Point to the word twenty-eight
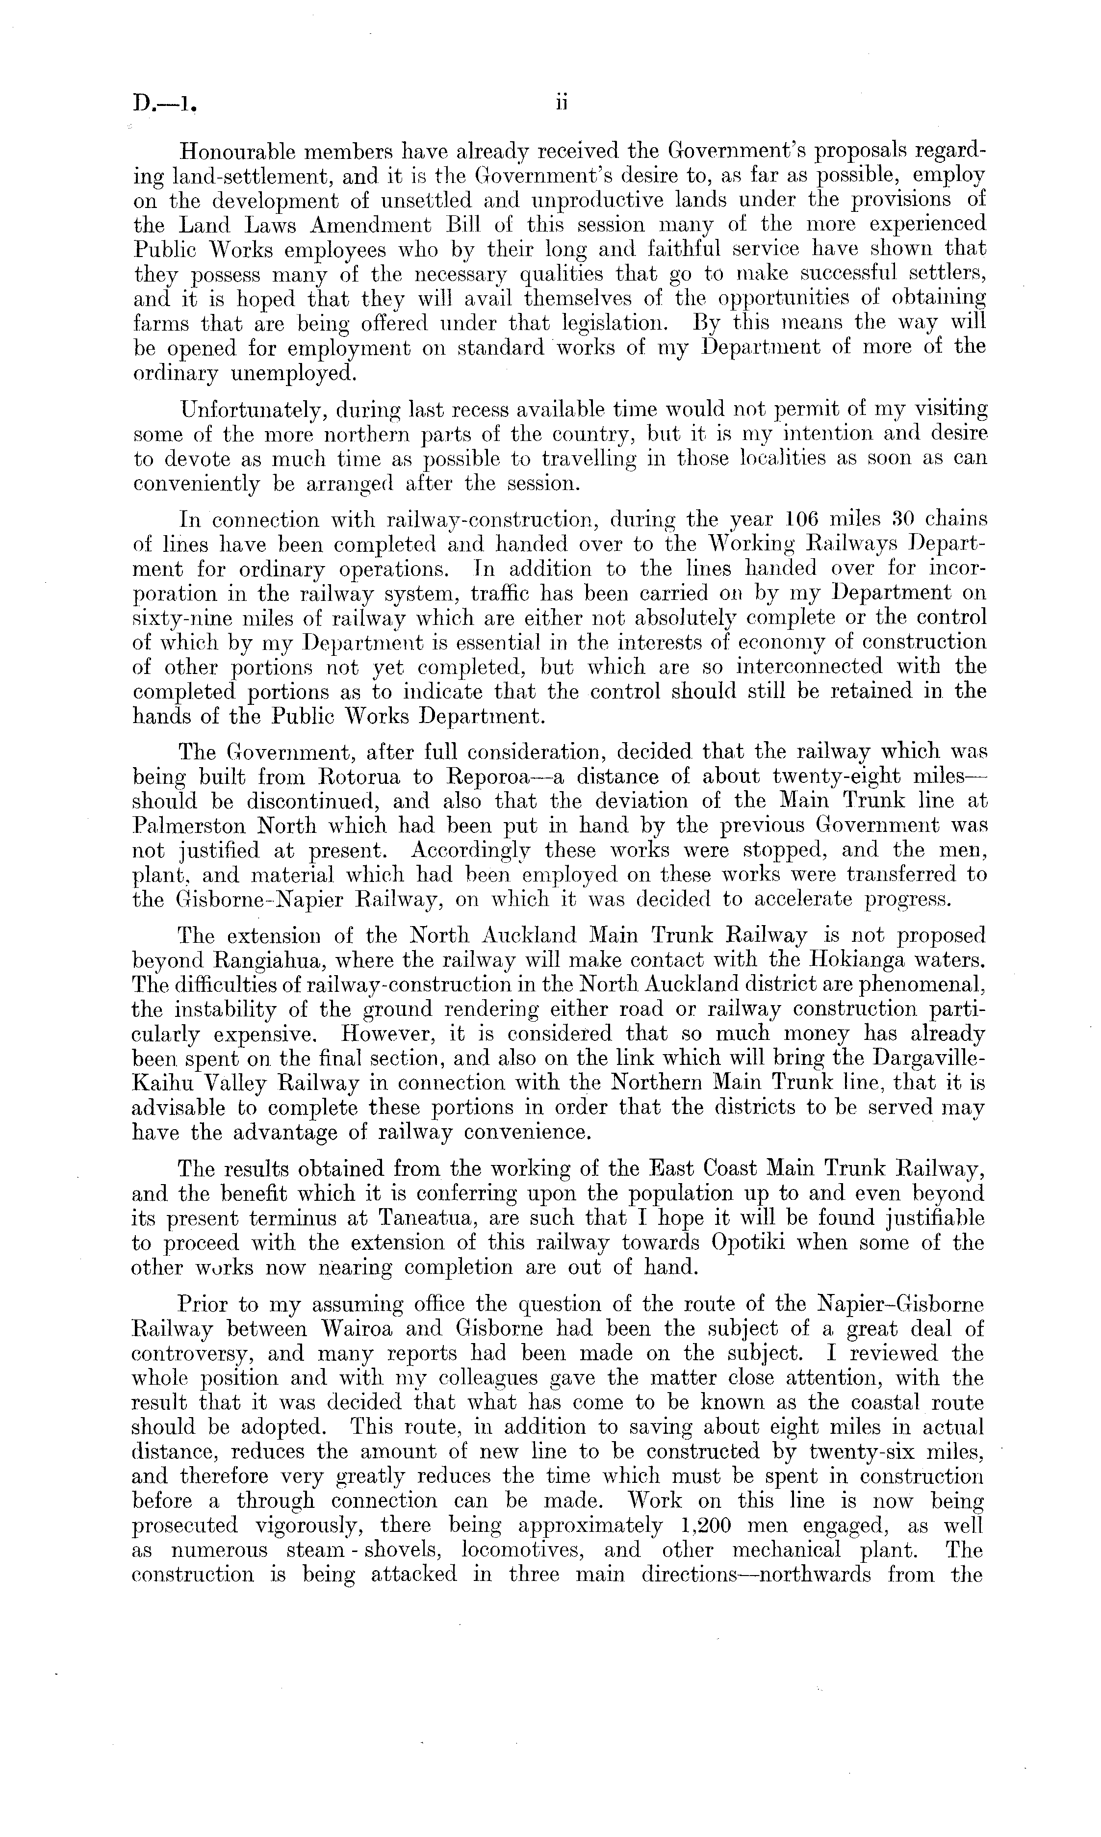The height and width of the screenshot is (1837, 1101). click(x=839, y=777)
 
